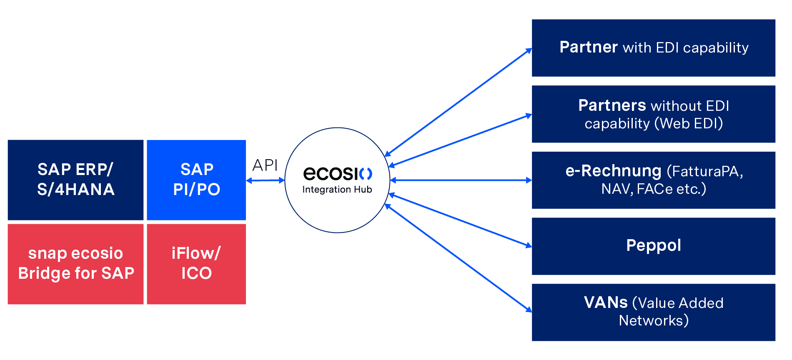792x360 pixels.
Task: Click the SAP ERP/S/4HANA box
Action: tap(75, 180)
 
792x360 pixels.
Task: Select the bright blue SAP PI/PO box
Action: tap(196, 180)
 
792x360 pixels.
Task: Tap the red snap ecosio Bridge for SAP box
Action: tap(75, 264)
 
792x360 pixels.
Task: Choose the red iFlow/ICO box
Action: tap(196, 264)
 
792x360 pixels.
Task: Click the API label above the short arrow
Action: tap(265, 165)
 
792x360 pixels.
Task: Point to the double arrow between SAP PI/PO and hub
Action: tap(265, 180)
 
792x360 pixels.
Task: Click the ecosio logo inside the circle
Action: tap(337, 173)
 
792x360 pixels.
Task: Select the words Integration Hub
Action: tap(337, 190)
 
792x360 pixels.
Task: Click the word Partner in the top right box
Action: tap(588, 47)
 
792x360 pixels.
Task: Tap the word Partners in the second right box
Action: tap(612, 105)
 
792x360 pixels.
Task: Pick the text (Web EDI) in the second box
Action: tap(688, 123)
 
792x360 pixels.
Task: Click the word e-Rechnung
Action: tap(613, 171)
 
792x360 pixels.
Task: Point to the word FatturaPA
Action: tap(705, 171)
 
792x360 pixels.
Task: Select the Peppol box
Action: tap(653, 246)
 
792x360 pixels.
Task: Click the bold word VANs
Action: tap(605, 302)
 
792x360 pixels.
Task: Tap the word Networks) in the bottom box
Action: tap(653, 320)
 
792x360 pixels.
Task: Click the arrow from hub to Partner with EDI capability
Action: tap(459, 102)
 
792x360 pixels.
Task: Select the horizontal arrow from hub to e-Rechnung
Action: tap(461, 180)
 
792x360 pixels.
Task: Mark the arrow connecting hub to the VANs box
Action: tap(459, 258)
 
